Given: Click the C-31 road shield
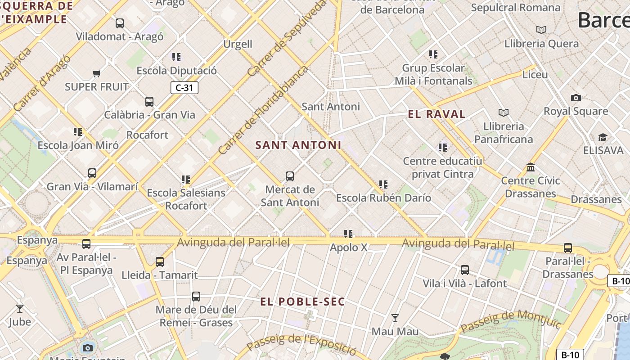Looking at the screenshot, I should point(184,88).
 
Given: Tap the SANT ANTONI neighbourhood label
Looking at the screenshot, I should point(298,145).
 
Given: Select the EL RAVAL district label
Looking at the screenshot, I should point(436,114).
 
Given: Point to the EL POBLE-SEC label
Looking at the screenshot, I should point(302,302).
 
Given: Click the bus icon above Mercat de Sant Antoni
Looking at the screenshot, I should point(290,176).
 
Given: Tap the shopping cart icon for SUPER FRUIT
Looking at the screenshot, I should point(96,73).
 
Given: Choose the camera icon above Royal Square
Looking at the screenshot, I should point(576,98).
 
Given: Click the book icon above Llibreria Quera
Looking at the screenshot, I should point(541,30).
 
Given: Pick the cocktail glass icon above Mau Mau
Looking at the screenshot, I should point(395,319).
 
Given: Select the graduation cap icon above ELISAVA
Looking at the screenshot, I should point(603,137).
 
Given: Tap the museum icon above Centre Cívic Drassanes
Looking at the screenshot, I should point(531,167).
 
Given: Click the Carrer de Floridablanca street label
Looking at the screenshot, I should point(263,110).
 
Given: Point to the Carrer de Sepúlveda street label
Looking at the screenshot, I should point(286,38).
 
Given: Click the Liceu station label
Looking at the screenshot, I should point(535,75).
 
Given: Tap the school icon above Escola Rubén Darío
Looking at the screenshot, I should point(383,184).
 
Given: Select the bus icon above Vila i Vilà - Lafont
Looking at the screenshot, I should point(465,270).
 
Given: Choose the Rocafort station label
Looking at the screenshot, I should point(147,135).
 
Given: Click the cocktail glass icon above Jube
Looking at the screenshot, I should point(20,309).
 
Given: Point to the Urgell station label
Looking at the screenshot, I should point(238,44).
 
